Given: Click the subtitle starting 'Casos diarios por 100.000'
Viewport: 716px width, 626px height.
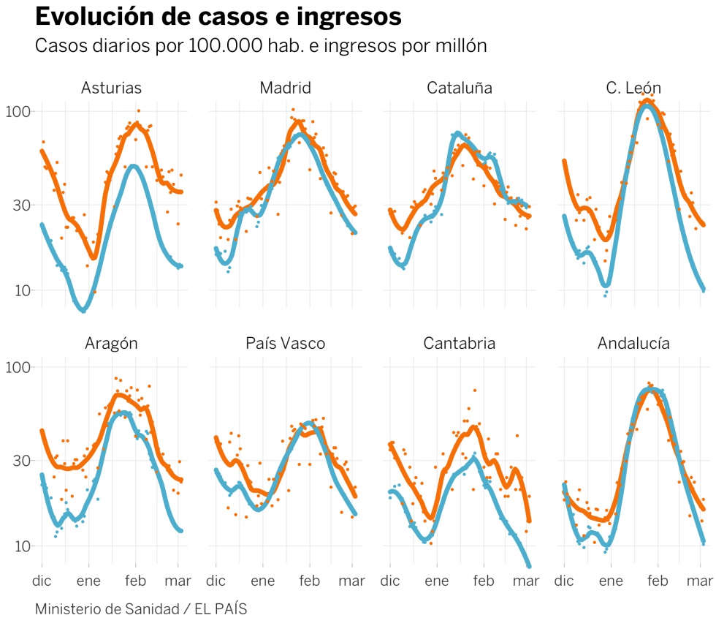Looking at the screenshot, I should (x=261, y=45).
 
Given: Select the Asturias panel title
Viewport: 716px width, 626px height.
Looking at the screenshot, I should (x=111, y=88).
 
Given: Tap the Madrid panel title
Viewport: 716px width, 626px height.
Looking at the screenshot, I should (x=285, y=88).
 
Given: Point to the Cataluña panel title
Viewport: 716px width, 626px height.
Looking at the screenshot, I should (x=460, y=88).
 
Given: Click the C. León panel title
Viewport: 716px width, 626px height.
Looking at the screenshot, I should (x=633, y=88).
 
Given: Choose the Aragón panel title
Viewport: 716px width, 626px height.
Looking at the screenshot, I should (x=111, y=344).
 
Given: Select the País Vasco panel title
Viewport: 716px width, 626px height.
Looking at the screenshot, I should (x=285, y=344).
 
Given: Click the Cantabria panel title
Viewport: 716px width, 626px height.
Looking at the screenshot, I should (x=460, y=344).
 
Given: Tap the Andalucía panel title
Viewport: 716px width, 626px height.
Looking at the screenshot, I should (x=633, y=344).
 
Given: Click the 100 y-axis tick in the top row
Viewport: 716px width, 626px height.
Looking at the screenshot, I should (x=19, y=112).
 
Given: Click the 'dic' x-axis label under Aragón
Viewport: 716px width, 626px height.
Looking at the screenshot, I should (x=42, y=582).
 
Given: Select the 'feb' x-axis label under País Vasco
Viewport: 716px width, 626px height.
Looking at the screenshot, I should (x=310, y=582).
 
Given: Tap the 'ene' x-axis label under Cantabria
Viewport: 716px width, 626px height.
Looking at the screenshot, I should (x=437, y=582).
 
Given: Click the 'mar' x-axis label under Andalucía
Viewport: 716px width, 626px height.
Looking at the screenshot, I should (x=698, y=582).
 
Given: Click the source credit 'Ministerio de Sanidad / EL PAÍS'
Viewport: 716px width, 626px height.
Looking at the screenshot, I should (x=141, y=608).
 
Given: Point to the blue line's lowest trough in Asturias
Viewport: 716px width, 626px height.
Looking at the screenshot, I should (x=83, y=310).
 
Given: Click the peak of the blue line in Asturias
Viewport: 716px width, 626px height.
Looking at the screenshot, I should (x=133, y=166).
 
